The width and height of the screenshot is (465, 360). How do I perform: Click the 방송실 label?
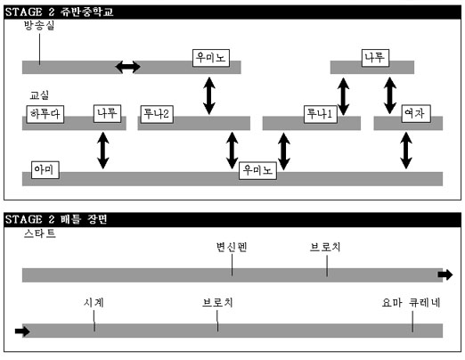[39, 26]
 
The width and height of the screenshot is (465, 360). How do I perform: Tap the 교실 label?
[39, 95]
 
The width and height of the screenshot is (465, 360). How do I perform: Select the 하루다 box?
[45, 114]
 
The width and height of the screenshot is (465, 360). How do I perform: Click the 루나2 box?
[157, 114]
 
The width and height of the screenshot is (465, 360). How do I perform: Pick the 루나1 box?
[321, 114]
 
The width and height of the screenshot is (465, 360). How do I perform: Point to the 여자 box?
[416, 113]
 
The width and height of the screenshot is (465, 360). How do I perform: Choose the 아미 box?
[45, 170]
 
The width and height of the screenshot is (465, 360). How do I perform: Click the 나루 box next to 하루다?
[107, 113]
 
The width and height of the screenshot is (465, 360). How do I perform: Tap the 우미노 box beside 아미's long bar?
[257, 170]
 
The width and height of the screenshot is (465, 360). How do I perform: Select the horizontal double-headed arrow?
[127, 67]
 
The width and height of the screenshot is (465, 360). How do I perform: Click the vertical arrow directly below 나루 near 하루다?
[103, 151]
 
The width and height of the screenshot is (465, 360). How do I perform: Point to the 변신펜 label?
[232, 247]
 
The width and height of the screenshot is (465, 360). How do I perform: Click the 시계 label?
[94, 303]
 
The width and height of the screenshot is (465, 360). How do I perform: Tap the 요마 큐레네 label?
[411, 303]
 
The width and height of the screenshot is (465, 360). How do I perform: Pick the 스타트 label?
[40, 233]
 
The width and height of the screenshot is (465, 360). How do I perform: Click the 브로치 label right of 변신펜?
[325, 247]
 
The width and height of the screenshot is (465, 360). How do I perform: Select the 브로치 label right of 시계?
[217, 303]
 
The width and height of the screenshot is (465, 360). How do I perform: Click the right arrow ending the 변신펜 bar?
[445, 274]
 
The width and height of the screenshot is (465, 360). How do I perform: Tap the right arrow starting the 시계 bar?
[22, 331]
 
